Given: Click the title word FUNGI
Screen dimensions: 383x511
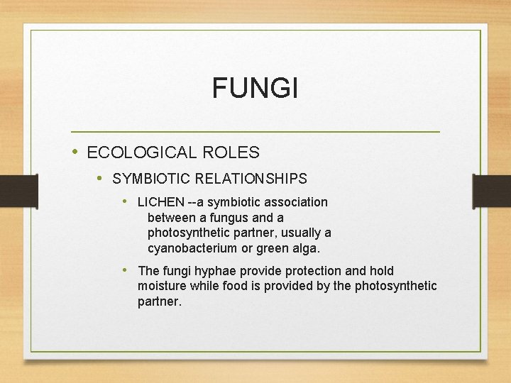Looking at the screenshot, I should pyautogui.click(x=255, y=89).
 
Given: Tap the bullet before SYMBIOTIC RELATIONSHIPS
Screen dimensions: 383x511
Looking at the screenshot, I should pyautogui.click(x=101, y=177).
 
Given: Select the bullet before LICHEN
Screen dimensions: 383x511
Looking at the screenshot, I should pyautogui.click(x=126, y=201).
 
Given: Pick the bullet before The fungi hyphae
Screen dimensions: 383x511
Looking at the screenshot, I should pyautogui.click(x=126, y=270).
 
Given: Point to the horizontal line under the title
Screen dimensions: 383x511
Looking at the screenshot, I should pyautogui.click(x=255, y=132).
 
